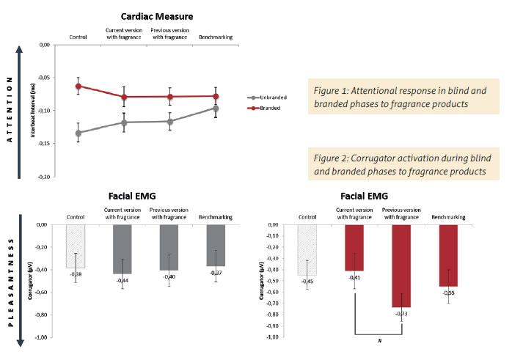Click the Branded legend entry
coord(269,107)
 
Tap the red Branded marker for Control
coord(78,86)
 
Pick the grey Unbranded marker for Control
coord(78,133)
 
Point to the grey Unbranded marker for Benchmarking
coord(216,109)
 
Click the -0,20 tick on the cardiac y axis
coord(43,177)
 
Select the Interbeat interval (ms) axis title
coord(33,111)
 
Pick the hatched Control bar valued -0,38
coord(76,246)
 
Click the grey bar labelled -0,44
coord(123,249)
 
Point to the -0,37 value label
coord(216,273)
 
